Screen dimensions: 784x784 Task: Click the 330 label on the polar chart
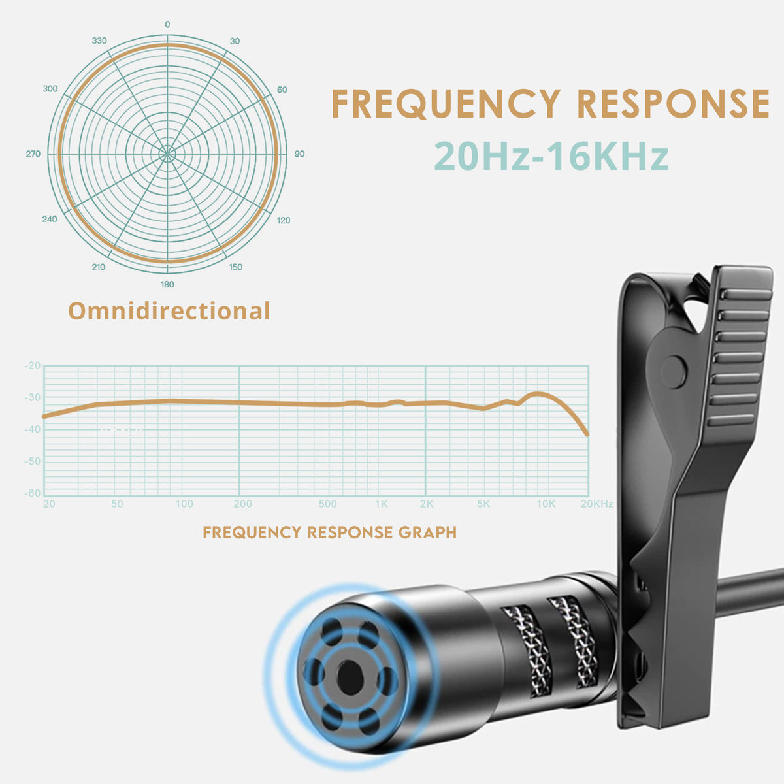[x=99, y=41]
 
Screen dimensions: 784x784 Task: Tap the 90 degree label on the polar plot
[x=299, y=154]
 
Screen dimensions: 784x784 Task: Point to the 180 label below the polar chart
[x=167, y=284]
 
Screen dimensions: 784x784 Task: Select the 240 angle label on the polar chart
[x=50, y=219]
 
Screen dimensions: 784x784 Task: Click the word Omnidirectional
[x=169, y=311]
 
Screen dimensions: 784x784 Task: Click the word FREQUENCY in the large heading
[x=446, y=104]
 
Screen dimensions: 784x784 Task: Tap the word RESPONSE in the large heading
[x=674, y=103]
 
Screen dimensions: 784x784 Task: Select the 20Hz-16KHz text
[x=551, y=156]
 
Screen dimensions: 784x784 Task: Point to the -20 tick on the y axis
[x=33, y=365]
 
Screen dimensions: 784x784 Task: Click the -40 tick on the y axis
[x=33, y=429]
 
